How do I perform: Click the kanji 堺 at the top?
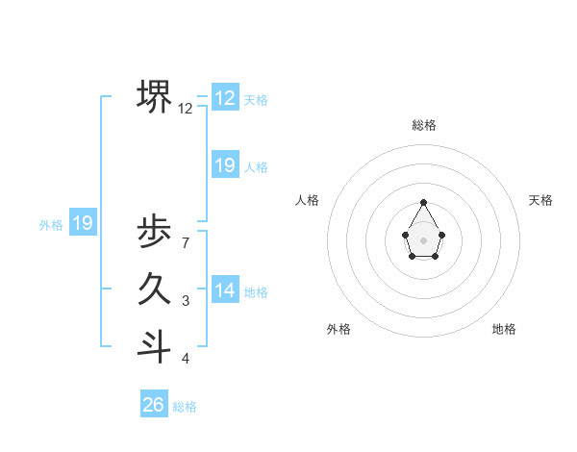(x=155, y=96)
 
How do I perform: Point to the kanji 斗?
(x=155, y=346)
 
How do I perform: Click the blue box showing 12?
(x=225, y=98)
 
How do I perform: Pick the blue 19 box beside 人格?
(x=225, y=165)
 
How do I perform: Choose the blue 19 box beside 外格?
(x=83, y=224)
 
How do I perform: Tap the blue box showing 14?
(x=225, y=290)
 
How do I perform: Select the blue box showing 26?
(x=154, y=405)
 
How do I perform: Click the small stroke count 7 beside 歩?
(x=185, y=242)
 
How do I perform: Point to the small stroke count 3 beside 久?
(x=185, y=301)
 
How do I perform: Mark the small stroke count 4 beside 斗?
(x=185, y=359)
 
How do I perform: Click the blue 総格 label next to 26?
(x=185, y=407)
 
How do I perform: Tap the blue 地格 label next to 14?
(x=256, y=292)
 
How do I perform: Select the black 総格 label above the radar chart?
(x=424, y=125)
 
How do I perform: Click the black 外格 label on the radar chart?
(x=339, y=329)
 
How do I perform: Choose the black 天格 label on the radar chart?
(x=540, y=200)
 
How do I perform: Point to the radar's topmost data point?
(x=424, y=202)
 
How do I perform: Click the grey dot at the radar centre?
(x=424, y=239)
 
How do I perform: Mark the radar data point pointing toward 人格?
(x=406, y=235)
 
